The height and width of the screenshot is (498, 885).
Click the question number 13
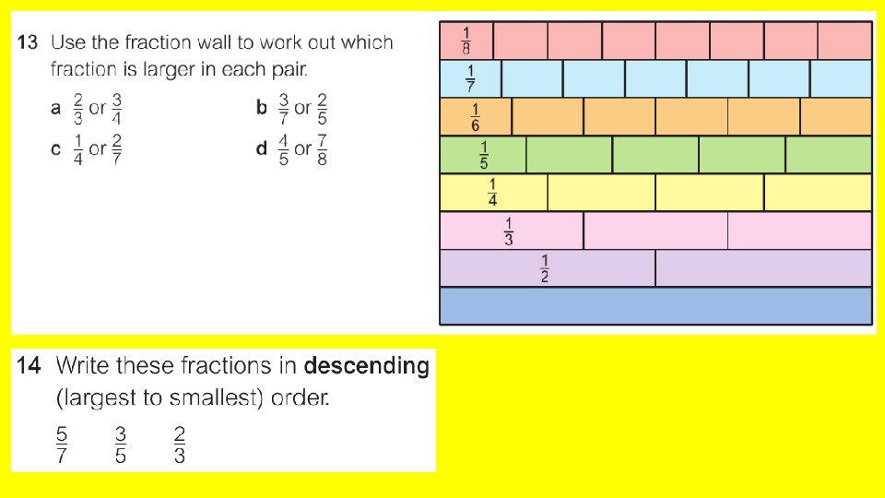click(27, 42)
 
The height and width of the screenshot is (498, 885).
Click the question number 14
click(28, 366)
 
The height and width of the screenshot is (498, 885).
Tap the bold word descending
click(367, 366)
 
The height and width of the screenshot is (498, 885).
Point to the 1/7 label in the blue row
click(471, 78)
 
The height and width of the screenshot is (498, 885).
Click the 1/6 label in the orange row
click(476, 116)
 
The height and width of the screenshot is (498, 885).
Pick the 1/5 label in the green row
click(484, 154)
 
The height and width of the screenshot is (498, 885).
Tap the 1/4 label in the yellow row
click(493, 192)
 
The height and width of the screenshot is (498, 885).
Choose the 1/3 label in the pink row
click(509, 231)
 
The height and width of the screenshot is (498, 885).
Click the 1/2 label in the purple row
click(545, 268)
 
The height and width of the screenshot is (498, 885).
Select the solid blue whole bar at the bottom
click(655, 306)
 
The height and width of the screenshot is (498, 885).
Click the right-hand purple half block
click(763, 268)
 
